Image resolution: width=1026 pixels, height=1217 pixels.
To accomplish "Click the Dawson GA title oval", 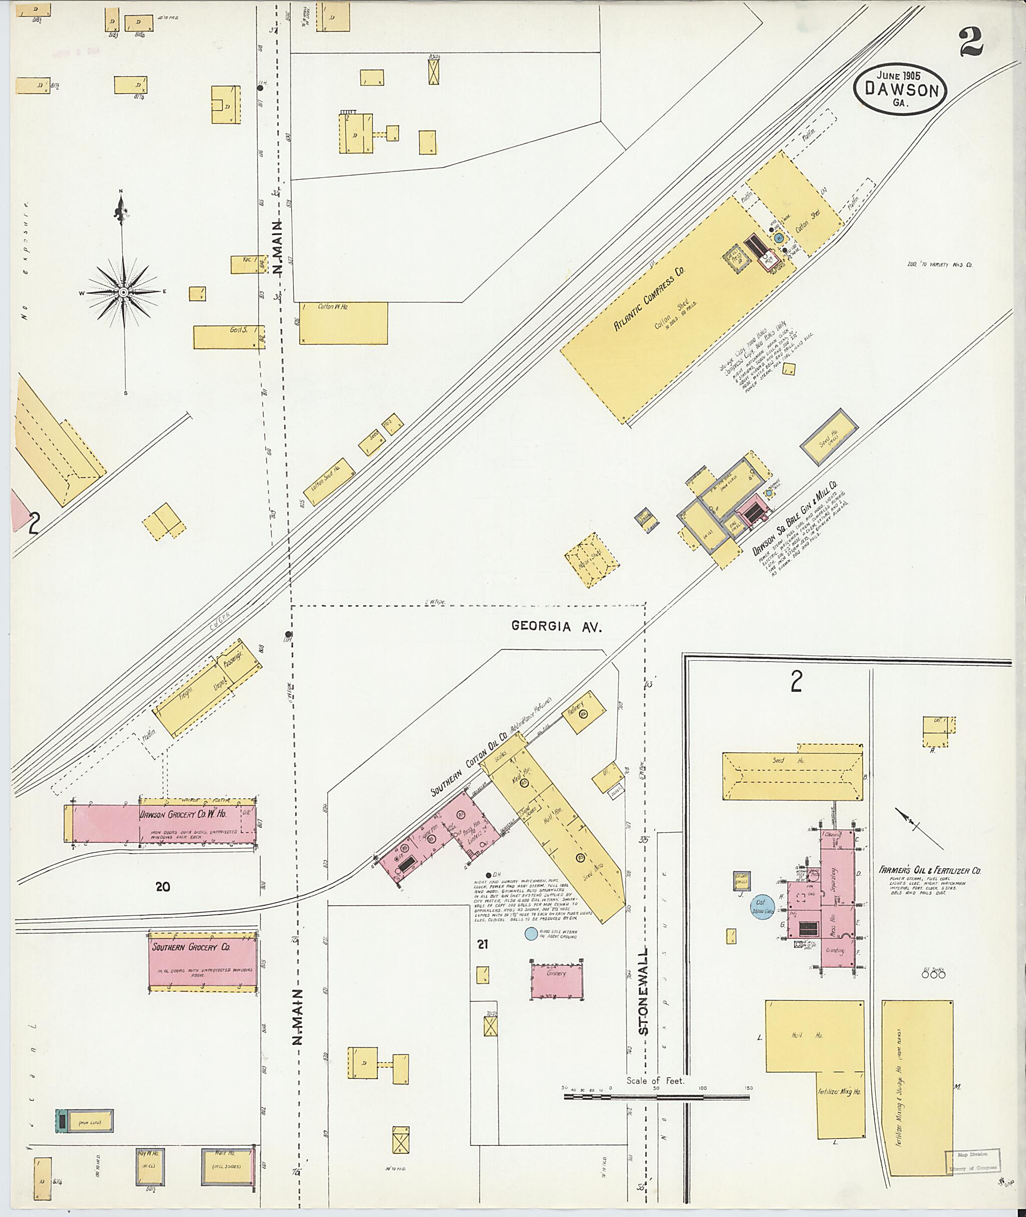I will pyautogui.click(x=900, y=90).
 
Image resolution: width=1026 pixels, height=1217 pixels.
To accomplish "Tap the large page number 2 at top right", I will pyautogui.click(x=971, y=42).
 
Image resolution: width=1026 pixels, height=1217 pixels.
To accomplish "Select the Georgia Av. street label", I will pyautogui.click(x=556, y=626).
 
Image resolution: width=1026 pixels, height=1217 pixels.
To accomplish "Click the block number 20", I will pyautogui.click(x=163, y=887).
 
